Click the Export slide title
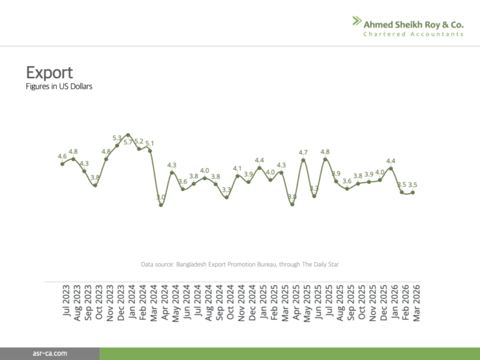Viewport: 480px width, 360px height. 49,72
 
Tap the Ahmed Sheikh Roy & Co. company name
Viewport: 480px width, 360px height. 414,24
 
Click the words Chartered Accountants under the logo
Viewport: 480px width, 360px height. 414,34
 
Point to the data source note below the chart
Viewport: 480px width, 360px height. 240,264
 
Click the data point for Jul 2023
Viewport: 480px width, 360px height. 62,164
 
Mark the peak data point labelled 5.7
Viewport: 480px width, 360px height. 128,135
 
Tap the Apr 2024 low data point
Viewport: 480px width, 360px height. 161,204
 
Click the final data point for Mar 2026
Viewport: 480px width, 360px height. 412,192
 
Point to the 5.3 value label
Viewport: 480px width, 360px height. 117,137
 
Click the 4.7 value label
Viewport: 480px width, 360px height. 303,152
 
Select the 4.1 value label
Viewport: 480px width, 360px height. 237,168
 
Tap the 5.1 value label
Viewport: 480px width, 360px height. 150,143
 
